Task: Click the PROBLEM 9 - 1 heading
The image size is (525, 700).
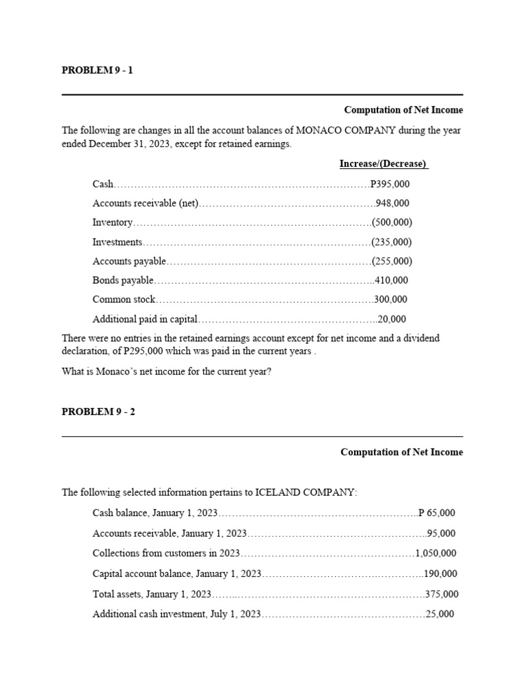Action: [97, 70]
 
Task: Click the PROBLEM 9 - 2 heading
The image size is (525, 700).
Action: [98, 412]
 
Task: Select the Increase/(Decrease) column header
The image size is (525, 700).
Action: [383, 164]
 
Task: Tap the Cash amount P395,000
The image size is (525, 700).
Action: [390, 184]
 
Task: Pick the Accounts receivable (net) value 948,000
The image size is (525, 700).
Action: [393, 203]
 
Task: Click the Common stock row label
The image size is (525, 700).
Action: [124, 299]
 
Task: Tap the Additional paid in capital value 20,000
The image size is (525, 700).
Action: [392, 319]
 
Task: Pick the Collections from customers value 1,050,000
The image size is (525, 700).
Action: [436, 554]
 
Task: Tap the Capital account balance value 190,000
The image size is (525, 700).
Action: [441, 574]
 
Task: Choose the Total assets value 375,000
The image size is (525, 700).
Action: [442, 595]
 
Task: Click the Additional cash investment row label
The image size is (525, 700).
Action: [176, 615]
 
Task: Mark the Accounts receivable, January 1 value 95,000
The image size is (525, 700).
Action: [441, 533]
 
